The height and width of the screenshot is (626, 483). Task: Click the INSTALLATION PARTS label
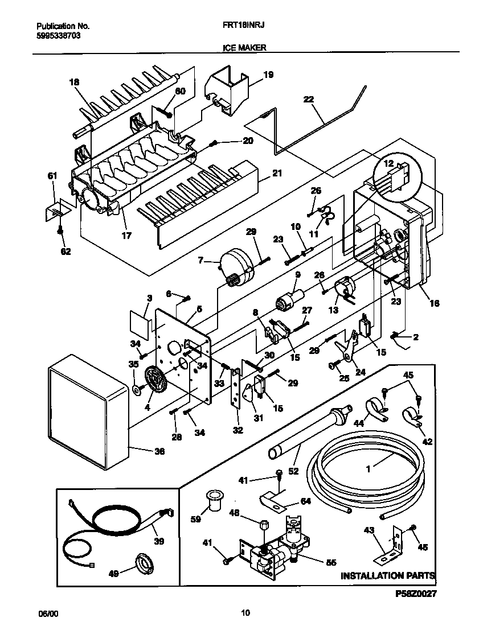388,576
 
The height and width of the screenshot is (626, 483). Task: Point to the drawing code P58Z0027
415,594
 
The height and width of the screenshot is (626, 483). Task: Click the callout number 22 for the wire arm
308,100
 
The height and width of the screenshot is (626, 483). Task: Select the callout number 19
269,74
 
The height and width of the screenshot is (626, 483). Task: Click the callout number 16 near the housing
434,303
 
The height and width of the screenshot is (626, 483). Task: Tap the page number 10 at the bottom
245,613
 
